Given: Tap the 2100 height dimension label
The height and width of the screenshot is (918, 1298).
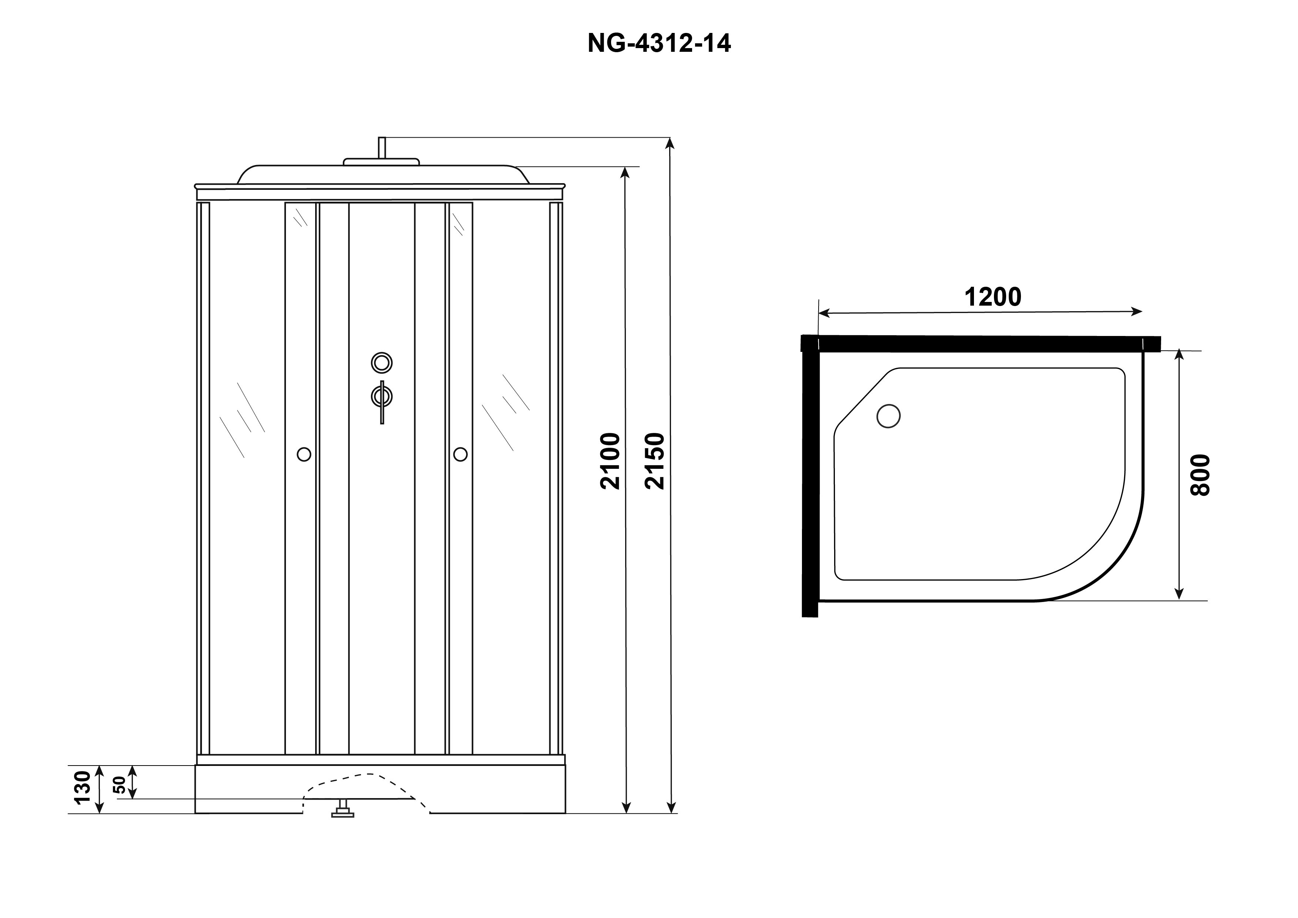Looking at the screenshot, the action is point(611,461).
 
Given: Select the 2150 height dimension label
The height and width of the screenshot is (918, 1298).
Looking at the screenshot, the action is point(655,461).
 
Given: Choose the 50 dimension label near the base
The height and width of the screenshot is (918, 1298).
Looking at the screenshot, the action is point(120,785).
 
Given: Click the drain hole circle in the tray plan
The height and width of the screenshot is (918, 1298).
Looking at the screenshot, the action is point(888,416).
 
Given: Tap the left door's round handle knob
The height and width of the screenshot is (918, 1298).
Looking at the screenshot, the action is point(304,454).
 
